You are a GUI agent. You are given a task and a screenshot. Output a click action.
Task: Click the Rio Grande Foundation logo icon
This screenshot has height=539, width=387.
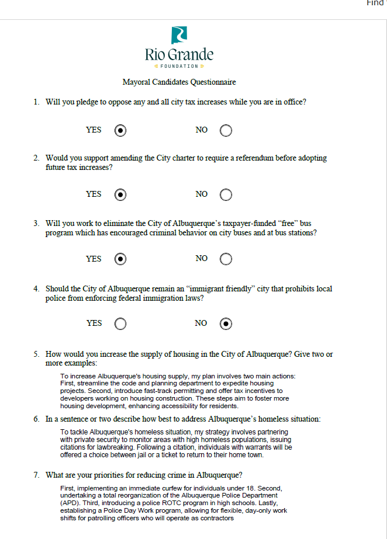click(x=179, y=35)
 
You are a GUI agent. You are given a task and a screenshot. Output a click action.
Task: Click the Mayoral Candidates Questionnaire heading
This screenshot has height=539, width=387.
click(x=179, y=82)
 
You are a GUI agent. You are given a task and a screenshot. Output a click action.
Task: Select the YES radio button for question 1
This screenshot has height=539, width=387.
click(x=120, y=130)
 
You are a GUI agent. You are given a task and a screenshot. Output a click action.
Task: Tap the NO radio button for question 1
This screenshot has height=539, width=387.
click(x=226, y=130)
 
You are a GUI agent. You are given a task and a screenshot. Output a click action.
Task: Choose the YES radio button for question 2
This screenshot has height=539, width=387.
click(x=120, y=194)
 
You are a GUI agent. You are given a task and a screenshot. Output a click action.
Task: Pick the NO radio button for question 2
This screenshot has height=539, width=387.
click(x=226, y=194)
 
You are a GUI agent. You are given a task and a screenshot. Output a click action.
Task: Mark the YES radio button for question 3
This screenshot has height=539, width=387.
click(x=120, y=259)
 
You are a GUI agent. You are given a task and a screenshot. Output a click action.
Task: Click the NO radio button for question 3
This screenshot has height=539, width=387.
click(x=226, y=259)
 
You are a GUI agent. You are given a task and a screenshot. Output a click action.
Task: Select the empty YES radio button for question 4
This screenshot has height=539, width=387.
click(x=120, y=324)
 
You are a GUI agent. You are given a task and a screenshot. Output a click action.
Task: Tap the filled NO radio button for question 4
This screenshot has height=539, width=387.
click(x=226, y=324)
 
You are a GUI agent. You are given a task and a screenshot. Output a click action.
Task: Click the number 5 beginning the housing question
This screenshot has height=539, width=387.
click(x=36, y=354)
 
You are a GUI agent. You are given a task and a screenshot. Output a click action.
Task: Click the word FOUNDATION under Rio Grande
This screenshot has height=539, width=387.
click(x=179, y=66)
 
